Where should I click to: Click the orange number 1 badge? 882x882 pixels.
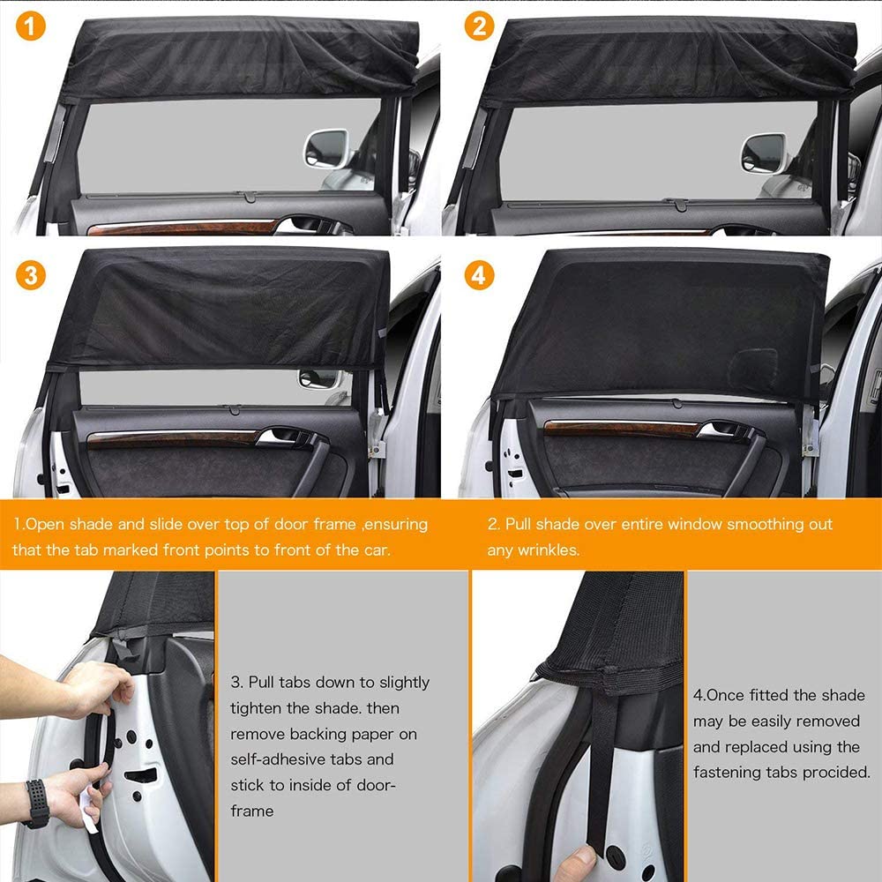pyautogui.click(x=30, y=26)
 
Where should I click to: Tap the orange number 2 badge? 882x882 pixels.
pyautogui.click(x=479, y=26)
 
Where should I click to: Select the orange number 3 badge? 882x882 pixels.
pyautogui.click(x=30, y=275)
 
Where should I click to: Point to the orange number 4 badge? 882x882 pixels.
pyautogui.click(x=479, y=275)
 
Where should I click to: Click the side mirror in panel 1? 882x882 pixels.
pyautogui.click(x=326, y=148)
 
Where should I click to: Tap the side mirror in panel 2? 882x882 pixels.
pyautogui.click(x=763, y=153)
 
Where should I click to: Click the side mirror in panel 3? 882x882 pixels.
pyautogui.click(x=319, y=378)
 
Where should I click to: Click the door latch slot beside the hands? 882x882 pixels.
pyautogui.click(x=140, y=776)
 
